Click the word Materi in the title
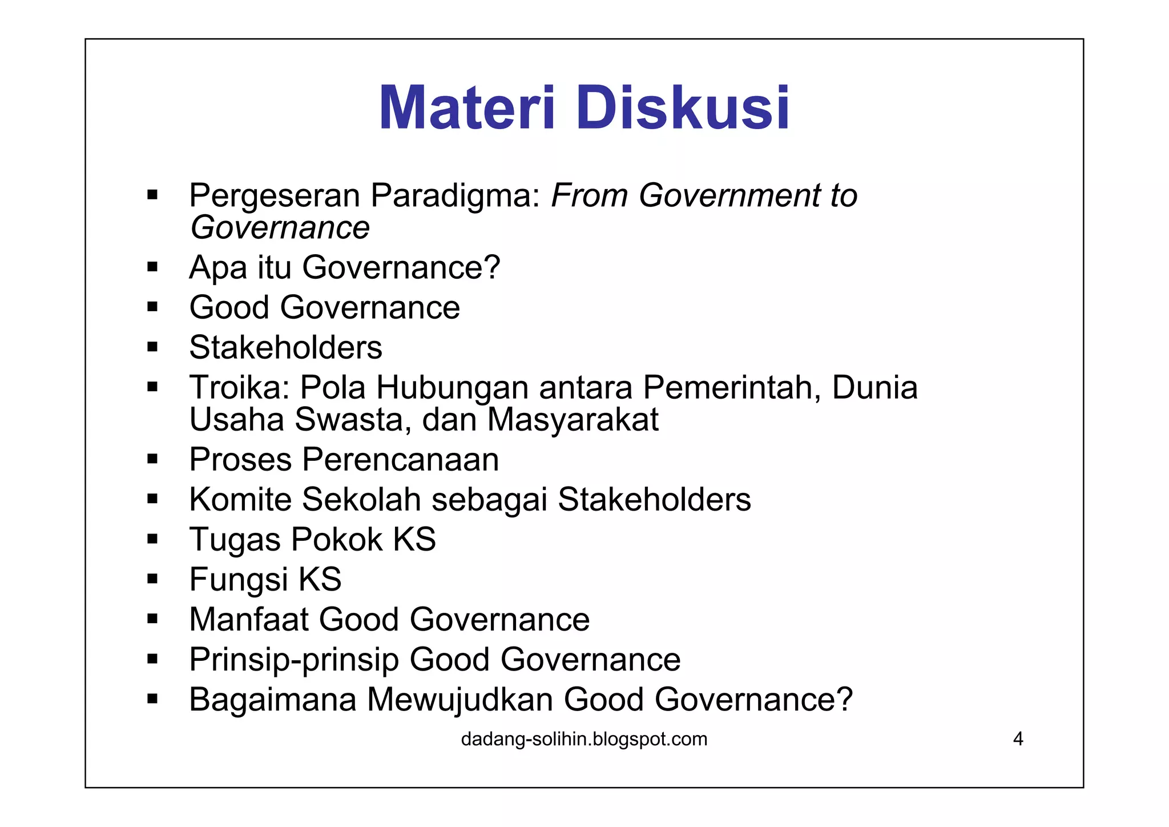pyautogui.click(x=466, y=109)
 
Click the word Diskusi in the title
pyautogui.click(x=683, y=109)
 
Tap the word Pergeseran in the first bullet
pyautogui.click(x=275, y=196)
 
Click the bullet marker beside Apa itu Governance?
pyautogui.click(x=152, y=267)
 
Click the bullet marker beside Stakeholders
pyautogui.click(x=152, y=347)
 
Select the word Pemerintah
pyautogui.click(x=732, y=387)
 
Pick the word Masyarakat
pyautogui.click(x=573, y=420)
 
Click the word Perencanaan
pyautogui.click(x=401, y=460)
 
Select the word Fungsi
pyautogui.click(x=238, y=580)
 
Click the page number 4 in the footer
pyautogui.click(x=1018, y=739)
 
